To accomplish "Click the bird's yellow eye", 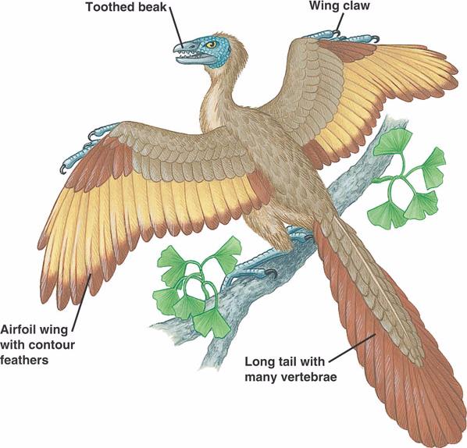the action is [212, 44].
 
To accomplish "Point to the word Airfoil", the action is [17, 329].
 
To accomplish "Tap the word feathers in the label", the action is [24, 360].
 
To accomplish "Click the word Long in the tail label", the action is [258, 362].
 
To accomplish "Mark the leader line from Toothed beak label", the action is [177, 27].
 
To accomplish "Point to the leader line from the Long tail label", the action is [352, 348].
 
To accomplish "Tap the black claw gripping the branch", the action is [271, 272].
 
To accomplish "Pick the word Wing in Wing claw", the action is [323, 6].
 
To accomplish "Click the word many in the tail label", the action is [261, 378].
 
